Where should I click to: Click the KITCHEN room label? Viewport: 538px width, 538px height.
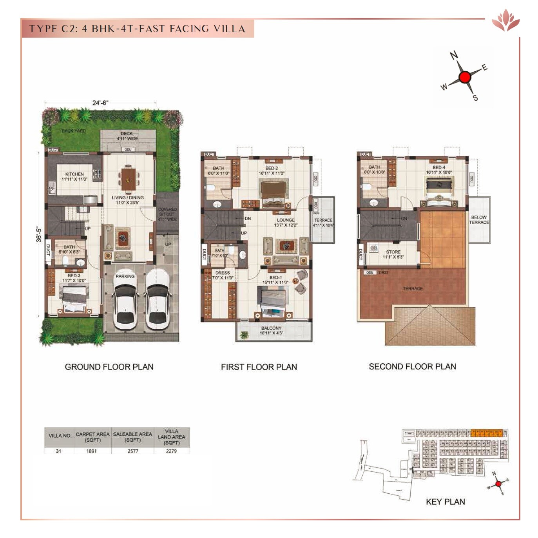(x=74, y=174)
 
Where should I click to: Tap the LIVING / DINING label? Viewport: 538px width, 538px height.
(x=128, y=197)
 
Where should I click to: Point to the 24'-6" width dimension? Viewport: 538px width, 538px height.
(x=100, y=103)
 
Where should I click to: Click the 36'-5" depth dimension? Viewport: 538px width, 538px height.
(x=39, y=234)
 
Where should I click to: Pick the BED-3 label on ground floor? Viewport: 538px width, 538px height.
(x=74, y=275)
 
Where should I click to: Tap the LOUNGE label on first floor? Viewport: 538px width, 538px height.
(x=286, y=220)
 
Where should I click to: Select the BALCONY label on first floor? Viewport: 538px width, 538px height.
(x=271, y=328)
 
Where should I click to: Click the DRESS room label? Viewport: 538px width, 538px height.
(x=223, y=273)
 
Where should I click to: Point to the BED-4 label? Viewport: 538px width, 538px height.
(x=439, y=167)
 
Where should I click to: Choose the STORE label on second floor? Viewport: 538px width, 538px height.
(x=393, y=252)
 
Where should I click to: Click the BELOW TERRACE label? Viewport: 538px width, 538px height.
(x=479, y=219)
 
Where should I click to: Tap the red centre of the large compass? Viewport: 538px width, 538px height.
(x=464, y=77)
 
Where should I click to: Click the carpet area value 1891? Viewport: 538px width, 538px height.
(x=91, y=451)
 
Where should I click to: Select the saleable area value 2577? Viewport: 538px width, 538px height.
(x=133, y=451)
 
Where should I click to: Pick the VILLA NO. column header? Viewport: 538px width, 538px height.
(x=60, y=436)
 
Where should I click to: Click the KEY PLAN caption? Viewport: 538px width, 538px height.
(x=446, y=502)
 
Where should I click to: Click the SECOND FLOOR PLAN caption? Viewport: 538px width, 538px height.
(x=412, y=367)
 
